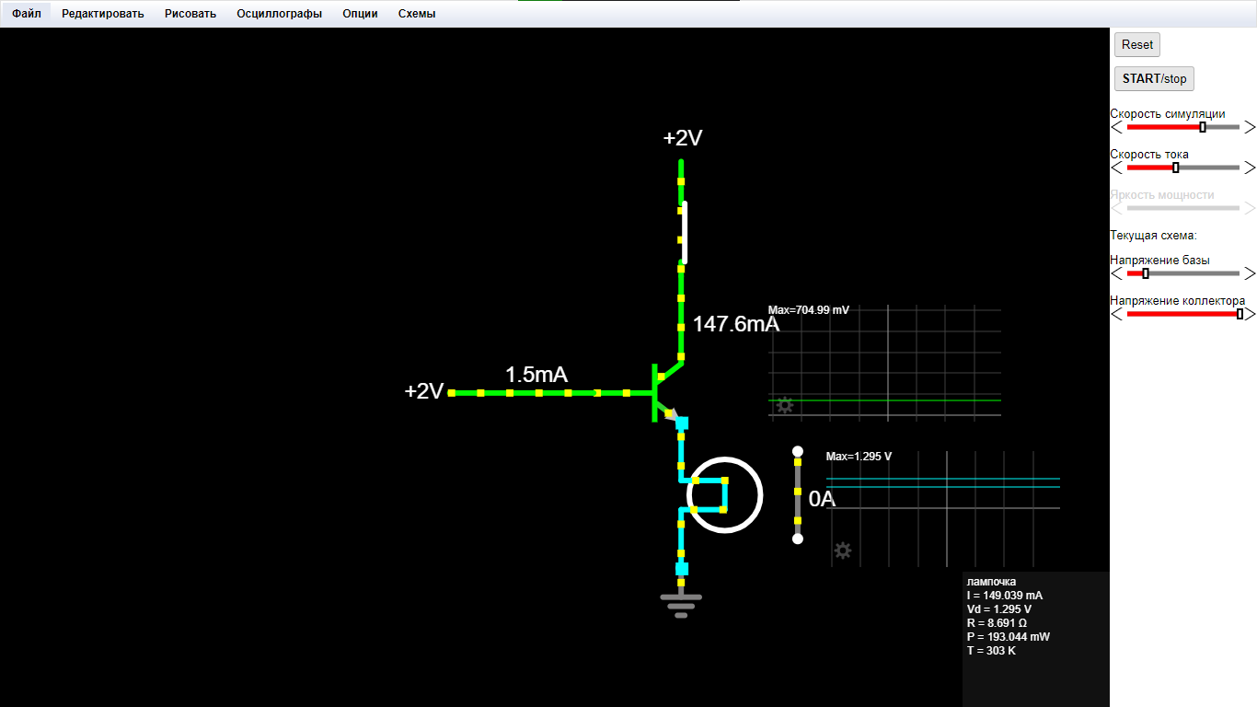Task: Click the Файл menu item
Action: pyautogui.click(x=27, y=14)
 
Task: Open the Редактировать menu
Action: pyautogui.click(x=103, y=14)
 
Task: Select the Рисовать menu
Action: pyautogui.click(x=190, y=14)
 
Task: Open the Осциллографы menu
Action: pyautogui.click(x=279, y=14)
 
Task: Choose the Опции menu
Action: pyautogui.click(x=360, y=14)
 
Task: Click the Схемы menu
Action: pyautogui.click(x=416, y=14)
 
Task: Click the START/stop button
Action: pyautogui.click(x=1154, y=78)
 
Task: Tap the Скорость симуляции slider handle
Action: pyautogui.click(x=1202, y=127)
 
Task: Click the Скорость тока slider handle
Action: pyautogui.click(x=1175, y=168)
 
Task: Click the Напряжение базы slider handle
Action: pyautogui.click(x=1146, y=273)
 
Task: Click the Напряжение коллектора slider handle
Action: pyautogui.click(x=1239, y=315)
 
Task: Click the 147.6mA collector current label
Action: pyautogui.click(x=735, y=324)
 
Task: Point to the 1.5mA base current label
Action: pyautogui.click(x=536, y=375)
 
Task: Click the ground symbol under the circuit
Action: pyautogui.click(x=681, y=606)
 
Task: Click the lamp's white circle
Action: pyautogui.click(x=762, y=495)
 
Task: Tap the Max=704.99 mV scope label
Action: pyautogui.click(x=808, y=310)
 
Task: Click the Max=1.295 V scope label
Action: pyautogui.click(x=859, y=457)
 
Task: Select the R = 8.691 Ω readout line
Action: pyautogui.click(x=997, y=623)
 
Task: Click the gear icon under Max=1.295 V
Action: pyautogui.click(x=842, y=551)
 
